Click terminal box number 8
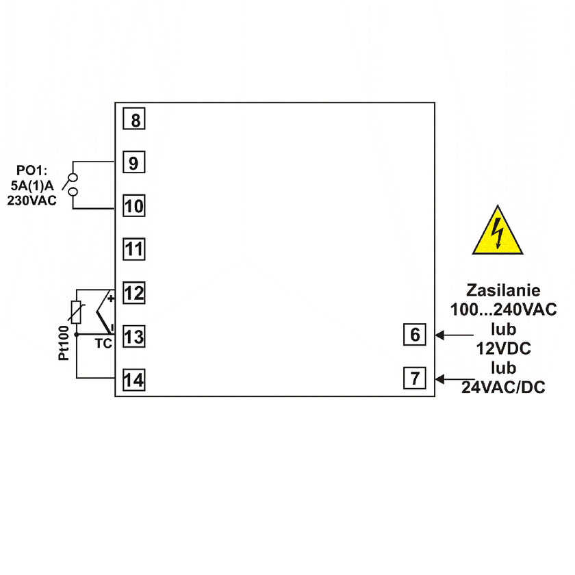pos(135,120)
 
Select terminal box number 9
pos(134,163)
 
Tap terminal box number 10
pos(134,206)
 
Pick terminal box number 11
pos(134,249)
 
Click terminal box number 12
pos(134,293)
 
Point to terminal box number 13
pos(134,336)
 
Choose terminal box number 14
pos(134,380)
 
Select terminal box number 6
pos(415,335)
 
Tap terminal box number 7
pos(415,378)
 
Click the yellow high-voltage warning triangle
pos(498,233)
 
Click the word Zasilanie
pos(502,290)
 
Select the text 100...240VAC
pos(503,309)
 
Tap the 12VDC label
pos(504,348)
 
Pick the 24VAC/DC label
pos(503,387)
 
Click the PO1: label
pos(32,169)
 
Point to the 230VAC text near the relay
pos(32,201)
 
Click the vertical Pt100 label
pos(63,343)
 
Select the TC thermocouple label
pos(103,344)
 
